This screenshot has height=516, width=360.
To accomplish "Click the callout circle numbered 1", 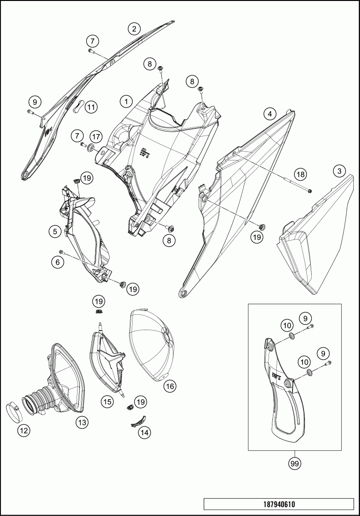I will [x=126, y=102].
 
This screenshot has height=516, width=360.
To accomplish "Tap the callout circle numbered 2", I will [x=134, y=29].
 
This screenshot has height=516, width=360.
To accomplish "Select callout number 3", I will [x=339, y=171].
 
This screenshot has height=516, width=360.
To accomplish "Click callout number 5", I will [x=56, y=232].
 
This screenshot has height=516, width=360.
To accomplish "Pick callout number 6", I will [x=58, y=262].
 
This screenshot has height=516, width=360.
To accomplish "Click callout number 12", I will [x=24, y=431].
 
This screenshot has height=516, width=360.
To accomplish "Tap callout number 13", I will [x=82, y=422].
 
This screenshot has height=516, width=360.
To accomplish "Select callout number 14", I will [x=144, y=432].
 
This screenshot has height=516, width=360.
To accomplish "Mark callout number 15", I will [x=108, y=401].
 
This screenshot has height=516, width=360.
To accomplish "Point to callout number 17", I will [x=96, y=137].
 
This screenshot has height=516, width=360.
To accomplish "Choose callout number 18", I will [x=300, y=174].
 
